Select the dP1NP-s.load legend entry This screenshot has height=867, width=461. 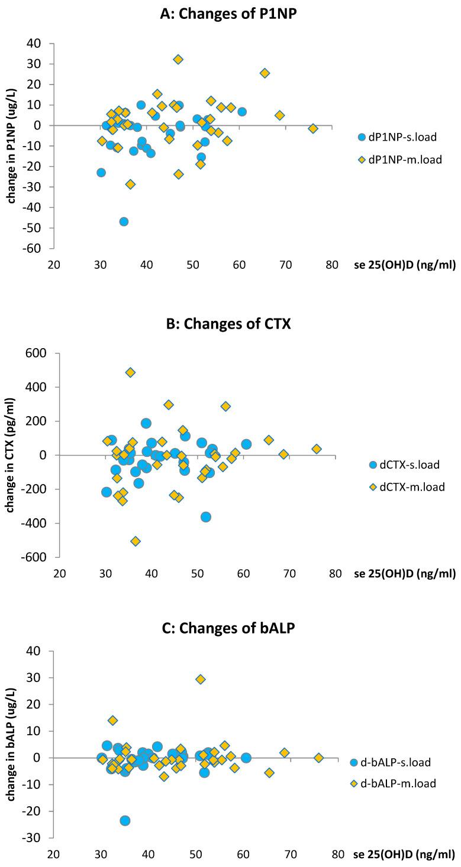(x=400, y=138)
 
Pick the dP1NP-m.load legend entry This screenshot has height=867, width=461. (x=400, y=159)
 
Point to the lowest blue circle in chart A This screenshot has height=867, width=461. (x=124, y=222)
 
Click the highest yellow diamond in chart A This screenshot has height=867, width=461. (x=178, y=59)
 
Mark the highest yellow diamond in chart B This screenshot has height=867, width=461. (x=130, y=372)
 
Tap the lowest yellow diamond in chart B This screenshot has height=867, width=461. (x=136, y=541)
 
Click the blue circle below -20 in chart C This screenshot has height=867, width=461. (x=125, y=820)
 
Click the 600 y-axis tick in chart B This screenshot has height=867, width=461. (x=41, y=353)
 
